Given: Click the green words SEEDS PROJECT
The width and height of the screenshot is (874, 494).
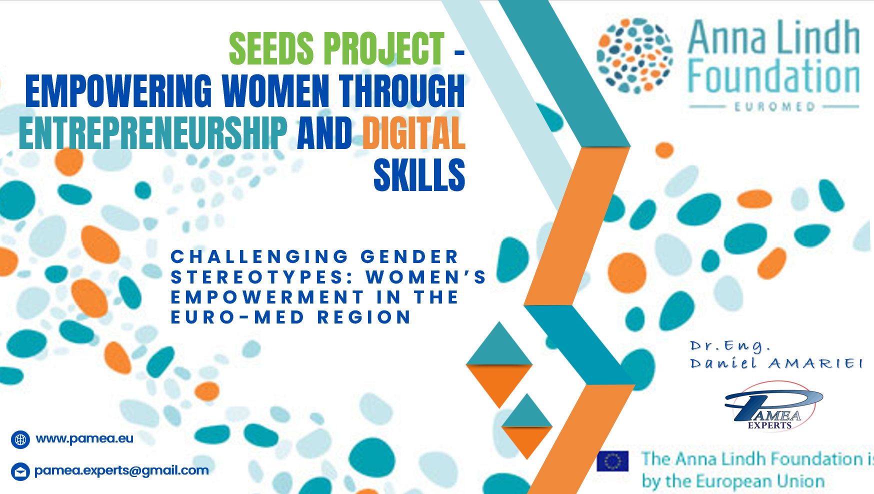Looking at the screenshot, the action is click(x=336, y=48).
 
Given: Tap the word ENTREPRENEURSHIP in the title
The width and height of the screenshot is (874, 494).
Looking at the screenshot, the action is click(x=153, y=133).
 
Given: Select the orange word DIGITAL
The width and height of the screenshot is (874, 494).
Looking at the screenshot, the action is click(x=413, y=133).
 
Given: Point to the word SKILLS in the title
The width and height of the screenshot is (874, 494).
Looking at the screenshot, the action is click(x=419, y=175).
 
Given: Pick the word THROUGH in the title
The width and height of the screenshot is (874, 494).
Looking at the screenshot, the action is click(x=402, y=91).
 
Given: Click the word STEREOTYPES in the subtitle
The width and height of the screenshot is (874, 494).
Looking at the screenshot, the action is click(x=263, y=277).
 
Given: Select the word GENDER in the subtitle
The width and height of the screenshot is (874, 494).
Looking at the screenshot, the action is click(x=409, y=256).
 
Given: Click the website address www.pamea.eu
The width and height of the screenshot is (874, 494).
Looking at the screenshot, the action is click(x=84, y=438).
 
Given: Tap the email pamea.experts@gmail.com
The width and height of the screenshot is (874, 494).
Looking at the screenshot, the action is click(x=121, y=470).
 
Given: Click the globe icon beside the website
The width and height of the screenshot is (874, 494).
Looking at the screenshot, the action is click(x=20, y=439).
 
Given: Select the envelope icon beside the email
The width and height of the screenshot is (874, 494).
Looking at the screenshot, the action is click(x=20, y=471).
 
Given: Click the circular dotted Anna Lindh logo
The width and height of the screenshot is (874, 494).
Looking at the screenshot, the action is click(x=634, y=55).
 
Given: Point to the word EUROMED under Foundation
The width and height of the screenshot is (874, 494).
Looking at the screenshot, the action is click(x=774, y=106).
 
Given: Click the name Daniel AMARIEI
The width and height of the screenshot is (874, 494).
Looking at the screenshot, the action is click(x=776, y=363).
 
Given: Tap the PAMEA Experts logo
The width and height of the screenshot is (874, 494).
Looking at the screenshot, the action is click(x=773, y=406).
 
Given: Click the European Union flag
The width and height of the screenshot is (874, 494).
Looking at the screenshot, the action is click(x=612, y=461).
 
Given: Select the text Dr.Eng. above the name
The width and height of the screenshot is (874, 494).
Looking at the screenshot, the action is click(x=730, y=346).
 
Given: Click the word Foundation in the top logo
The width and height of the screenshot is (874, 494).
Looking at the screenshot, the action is click(x=773, y=77).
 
